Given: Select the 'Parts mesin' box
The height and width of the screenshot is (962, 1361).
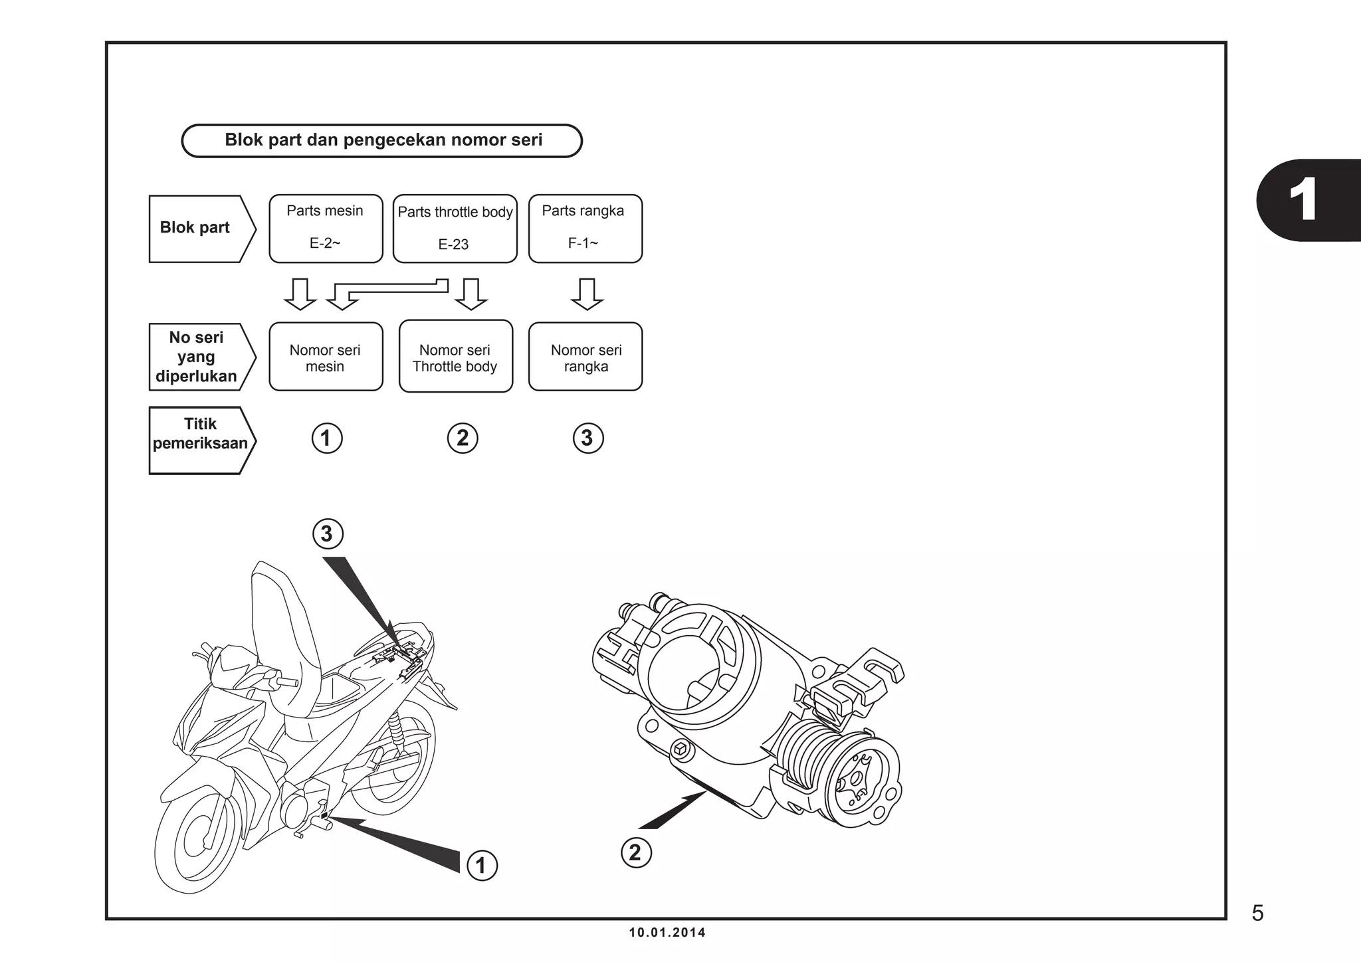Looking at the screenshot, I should click(326, 228).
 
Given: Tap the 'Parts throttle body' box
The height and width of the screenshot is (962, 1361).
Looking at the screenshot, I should click(455, 228).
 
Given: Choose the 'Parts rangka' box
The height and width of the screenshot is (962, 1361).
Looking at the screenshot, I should click(585, 228).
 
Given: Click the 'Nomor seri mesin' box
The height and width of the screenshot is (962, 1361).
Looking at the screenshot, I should click(326, 357).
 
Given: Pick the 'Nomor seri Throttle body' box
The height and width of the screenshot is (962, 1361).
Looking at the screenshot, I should click(455, 357).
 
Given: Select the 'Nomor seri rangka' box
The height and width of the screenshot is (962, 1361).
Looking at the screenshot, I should click(585, 357).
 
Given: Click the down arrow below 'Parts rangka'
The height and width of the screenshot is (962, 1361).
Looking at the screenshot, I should click(587, 294).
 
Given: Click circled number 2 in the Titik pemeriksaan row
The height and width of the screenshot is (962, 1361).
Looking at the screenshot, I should click(463, 438).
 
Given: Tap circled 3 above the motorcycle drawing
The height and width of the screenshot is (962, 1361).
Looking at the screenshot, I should click(327, 534).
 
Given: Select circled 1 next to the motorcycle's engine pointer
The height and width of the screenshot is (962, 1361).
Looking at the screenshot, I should click(482, 866).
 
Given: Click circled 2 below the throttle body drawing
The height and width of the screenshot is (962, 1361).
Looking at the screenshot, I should click(636, 852).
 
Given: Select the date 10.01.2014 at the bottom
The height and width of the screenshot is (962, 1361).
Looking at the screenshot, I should click(667, 933).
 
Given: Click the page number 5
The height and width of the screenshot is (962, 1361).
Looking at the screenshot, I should click(1257, 914).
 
